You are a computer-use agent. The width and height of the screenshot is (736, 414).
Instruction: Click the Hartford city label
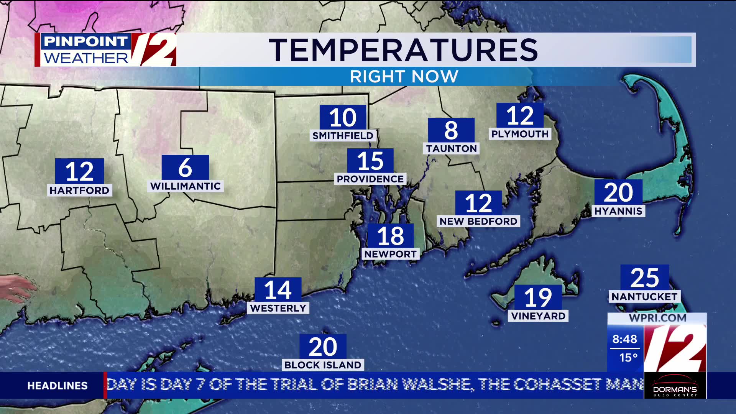79,191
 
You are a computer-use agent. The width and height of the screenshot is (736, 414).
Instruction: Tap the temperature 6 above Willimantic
185,168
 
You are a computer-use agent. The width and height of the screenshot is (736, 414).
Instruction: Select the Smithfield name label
343,136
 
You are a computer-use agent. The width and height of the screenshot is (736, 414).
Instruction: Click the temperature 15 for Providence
370,161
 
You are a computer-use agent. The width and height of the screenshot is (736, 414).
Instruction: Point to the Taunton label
451,149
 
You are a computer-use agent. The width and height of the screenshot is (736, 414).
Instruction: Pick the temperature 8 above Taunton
451,130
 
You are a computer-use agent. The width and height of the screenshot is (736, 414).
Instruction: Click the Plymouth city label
520,134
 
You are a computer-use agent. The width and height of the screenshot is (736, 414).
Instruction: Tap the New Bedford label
478,222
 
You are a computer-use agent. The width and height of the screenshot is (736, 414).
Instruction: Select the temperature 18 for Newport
391,236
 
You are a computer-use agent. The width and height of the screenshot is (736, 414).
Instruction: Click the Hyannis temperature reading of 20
618,192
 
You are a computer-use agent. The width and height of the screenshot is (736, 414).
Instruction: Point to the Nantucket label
644,297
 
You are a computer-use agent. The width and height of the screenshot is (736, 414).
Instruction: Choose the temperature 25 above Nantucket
645,278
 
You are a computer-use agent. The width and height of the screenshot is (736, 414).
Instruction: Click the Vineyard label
538,316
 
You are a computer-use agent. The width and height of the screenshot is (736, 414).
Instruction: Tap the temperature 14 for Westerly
278,290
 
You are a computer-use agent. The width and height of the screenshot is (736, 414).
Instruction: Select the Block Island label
323,365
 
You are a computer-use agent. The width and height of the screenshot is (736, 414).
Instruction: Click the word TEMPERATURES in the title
403,50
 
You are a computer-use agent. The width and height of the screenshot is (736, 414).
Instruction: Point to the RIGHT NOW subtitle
404,77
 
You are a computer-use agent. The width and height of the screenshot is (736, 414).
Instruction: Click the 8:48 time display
624,339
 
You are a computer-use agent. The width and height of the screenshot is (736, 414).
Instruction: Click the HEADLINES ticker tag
58,386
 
